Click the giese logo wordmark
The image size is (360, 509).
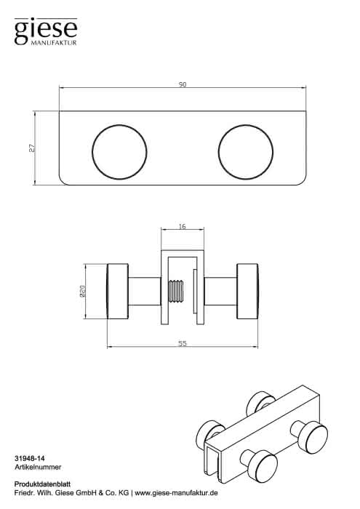tap(45, 30)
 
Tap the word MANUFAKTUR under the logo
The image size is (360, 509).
tap(54, 43)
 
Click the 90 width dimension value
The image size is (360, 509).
tap(183, 84)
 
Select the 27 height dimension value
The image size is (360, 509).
tap(31, 148)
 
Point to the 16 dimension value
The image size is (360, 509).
tap(183, 226)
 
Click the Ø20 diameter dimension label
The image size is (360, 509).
tap(82, 292)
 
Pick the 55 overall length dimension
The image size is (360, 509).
tap(183, 343)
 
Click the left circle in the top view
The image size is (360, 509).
tap(119, 152)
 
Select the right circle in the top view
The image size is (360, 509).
tap(246, 152)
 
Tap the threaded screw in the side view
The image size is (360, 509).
tap(176, 291)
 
